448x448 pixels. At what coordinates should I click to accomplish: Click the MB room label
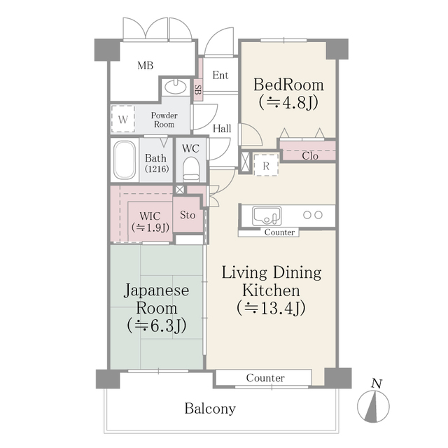click(145, 66)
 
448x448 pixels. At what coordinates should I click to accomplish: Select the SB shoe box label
click(198, 90)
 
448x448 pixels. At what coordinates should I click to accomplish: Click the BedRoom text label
click(289, 85)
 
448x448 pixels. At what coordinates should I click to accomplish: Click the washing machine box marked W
click(123, 120)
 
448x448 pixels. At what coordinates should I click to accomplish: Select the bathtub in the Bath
click(125, 161)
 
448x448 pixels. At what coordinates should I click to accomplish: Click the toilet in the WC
click(190, 168)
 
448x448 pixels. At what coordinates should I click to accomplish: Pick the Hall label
click(223, 128)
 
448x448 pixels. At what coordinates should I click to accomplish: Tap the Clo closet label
click(310, 156)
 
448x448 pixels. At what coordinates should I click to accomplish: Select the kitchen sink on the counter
click(266, 214)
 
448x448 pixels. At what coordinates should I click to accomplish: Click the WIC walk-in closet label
click(150, 216)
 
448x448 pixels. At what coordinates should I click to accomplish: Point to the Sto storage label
click(188, 215)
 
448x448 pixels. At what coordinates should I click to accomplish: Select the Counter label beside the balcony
click(265, 378)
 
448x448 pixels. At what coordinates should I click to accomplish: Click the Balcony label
click(210, 409)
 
